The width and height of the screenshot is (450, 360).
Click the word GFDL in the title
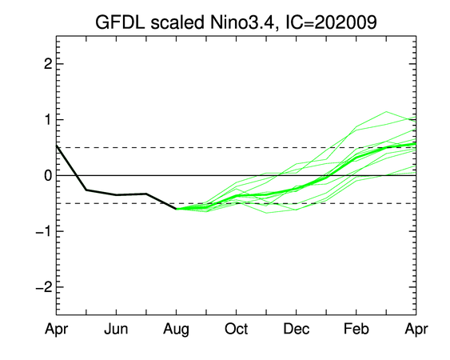(x=120, y=22)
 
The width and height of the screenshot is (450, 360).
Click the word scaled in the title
(x=177, y=22)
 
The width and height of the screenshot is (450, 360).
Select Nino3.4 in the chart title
(x=241, y=22)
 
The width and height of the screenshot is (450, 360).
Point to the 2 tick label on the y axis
(x=49, y=64)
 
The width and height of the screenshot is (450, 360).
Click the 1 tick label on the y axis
(x=49, y=119)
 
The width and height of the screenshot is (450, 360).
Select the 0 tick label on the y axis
(x=49, y=175)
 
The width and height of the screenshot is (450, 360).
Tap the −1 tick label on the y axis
(x=44, y=231)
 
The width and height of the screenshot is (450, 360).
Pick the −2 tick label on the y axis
(x=44, y=286)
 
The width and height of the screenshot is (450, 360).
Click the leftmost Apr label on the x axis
(x=56, y=330)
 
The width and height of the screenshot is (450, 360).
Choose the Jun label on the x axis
(x=116, y=329)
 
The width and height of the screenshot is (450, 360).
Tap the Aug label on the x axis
(x=176, y=330)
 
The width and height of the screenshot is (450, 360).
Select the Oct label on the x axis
(x=237, y=329)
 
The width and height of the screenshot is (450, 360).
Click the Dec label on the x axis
(x=297, y=329)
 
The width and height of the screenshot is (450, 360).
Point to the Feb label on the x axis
(x=356, y=329)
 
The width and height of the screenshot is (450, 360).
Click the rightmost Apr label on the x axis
(x=416, y=330)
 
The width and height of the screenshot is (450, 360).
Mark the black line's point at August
(x=176, y=209)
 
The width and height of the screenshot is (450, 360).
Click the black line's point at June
(x=116, y=194)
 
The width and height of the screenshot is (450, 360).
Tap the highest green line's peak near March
(x=386, y=111)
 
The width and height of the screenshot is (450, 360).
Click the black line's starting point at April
(x=57, y=146)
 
